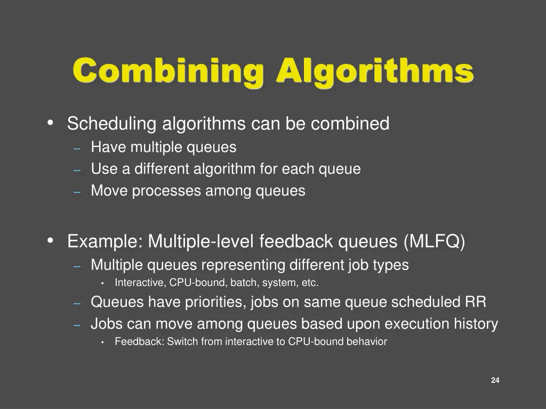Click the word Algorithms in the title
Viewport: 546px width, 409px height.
[x=375, y=71]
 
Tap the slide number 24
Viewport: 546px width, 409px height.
[x=495, y=380]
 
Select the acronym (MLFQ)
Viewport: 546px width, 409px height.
[x=435, y=242]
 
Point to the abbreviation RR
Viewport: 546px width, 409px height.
[x=476, y=302]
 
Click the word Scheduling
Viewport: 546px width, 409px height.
[x=111, y=124]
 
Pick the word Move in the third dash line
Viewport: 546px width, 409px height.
[x=109, y=191]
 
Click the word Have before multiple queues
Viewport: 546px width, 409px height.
[x=109, y=147]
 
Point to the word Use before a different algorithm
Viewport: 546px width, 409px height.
[x=104, y=169]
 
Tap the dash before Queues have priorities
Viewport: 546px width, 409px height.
[x=77, y=303]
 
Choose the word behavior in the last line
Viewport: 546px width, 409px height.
[x=367, y=342]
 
